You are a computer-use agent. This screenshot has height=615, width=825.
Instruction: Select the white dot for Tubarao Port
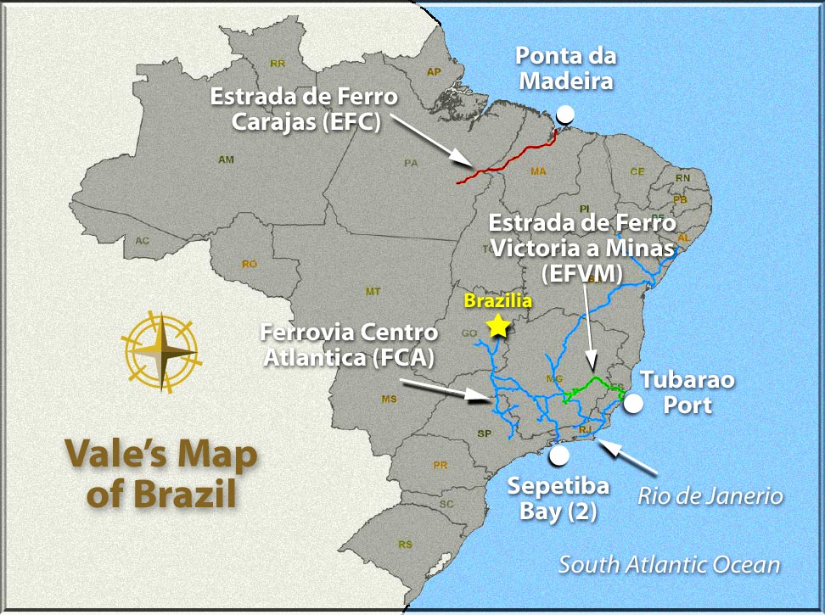click(x=633, y=404)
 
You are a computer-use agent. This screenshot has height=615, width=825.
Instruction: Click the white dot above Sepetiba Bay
click(x=558, y=456)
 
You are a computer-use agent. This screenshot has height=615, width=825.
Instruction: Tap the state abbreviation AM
click(x=226, y=159)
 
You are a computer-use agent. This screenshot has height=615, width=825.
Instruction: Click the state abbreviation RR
click(x=277, y=64)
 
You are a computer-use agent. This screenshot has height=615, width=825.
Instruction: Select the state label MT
click(x=373, y=292)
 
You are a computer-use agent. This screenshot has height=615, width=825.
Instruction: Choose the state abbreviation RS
click(x=406, y=544)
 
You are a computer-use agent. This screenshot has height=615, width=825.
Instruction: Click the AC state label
click(x=142, y=241)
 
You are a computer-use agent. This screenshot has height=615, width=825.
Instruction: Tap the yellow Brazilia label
click(x=497, y=300)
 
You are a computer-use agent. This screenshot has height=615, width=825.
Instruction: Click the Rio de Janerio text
click(x=710, y=495)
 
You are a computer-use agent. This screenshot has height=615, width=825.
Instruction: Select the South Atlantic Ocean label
click(x=669, y=564)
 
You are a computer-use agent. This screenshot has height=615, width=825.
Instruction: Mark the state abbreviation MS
click(x=390, y=399)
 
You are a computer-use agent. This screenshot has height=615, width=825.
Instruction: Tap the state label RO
click(x=250, y=264)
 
